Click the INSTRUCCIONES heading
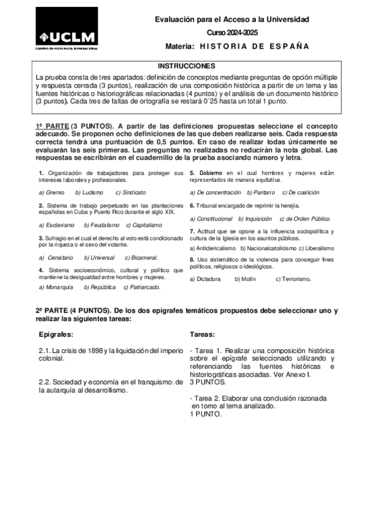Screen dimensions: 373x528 coord(186,65)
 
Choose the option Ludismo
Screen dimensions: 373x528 coord(89,193)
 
